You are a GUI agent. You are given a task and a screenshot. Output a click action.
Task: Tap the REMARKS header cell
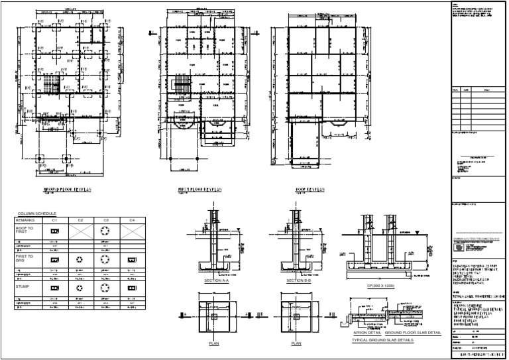29,219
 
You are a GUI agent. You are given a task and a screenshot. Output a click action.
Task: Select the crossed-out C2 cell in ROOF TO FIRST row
80,231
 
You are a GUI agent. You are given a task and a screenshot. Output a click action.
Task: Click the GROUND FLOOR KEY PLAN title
67,190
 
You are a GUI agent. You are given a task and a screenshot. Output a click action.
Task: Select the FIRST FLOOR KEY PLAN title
200,190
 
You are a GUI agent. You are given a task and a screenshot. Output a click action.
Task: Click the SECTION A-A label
217,281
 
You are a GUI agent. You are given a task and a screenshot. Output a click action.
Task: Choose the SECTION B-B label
294,281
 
